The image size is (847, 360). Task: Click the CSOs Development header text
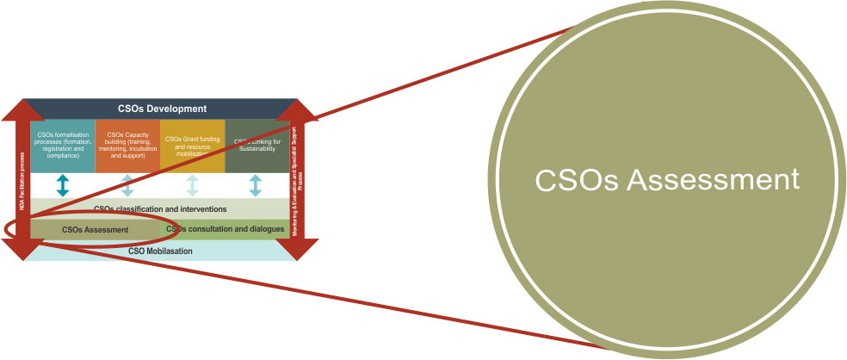(162, 109)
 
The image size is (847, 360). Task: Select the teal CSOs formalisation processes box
(62, 146)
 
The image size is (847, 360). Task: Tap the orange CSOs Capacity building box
(127, 146)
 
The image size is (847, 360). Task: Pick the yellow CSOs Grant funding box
(192, 146)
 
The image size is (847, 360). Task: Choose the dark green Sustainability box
(256, 146)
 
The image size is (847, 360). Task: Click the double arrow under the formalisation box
(62, 185)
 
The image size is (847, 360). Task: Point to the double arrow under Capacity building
(127, 185)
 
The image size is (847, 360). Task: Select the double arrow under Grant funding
(192, 185)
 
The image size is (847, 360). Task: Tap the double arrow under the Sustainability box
(256, 185)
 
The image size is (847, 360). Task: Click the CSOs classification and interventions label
(159, 208)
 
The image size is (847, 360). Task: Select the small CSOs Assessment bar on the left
(95, 229)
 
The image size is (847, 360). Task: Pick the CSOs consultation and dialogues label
(226, 229)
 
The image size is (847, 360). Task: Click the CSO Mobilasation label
(160, 251)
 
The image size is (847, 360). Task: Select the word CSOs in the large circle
(573, 181)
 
